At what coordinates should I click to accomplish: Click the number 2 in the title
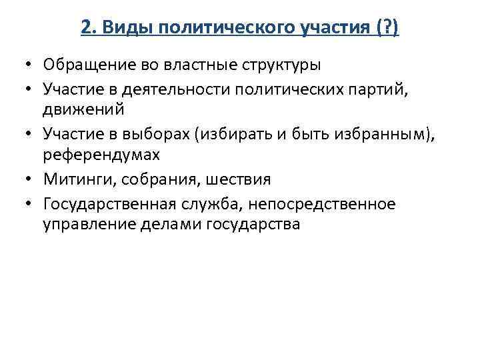pyautogui.click(x=84, y=29)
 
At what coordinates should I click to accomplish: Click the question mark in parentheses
pyautogui.click(x=385, y=29)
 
